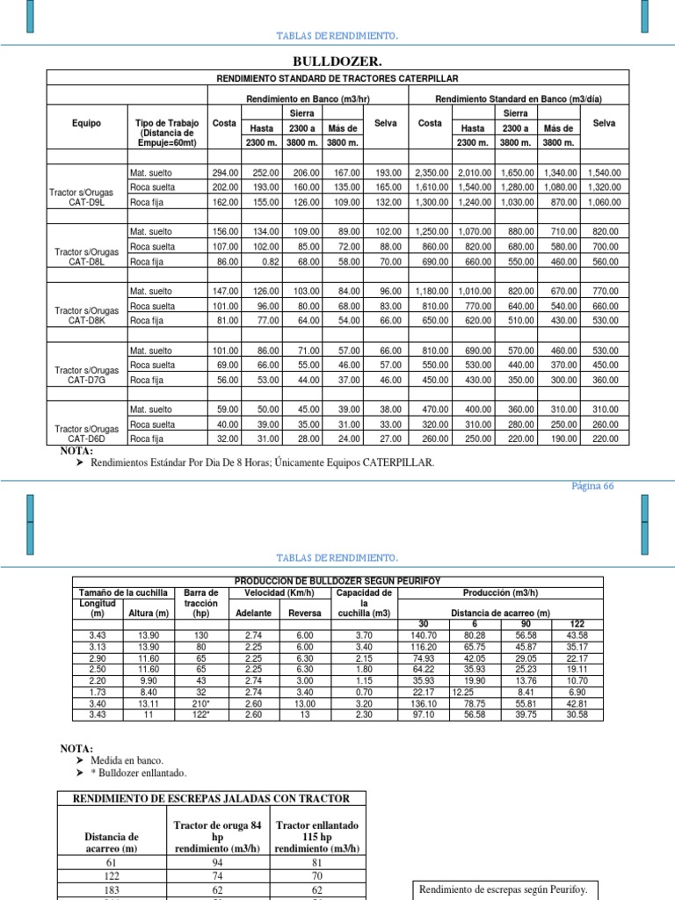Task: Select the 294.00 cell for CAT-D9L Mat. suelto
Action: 226,173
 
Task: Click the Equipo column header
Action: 86,123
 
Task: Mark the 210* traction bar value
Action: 202,703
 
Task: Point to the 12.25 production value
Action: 463,692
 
